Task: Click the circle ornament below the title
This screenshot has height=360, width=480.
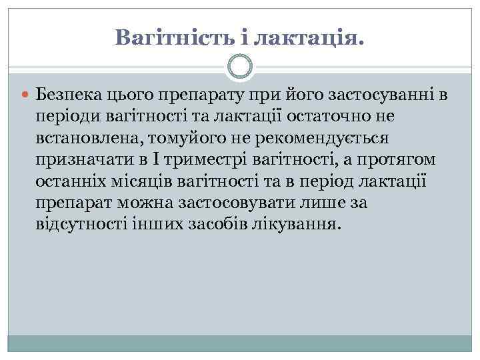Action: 240,66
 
